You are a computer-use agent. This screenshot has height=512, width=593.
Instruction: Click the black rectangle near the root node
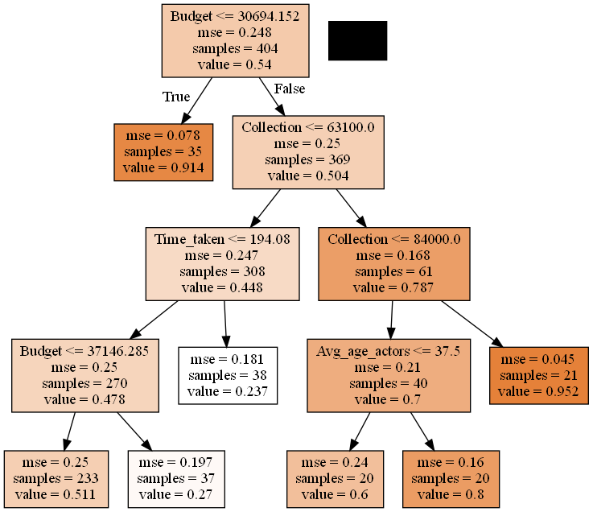[357, 40]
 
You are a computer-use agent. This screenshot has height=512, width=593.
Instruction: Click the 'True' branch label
[176, 97]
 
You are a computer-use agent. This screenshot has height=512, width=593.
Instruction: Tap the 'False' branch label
[290, 89]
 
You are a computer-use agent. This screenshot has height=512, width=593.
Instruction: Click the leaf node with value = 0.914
[164, 152]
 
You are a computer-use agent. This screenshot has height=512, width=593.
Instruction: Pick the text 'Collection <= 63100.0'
[307, 127]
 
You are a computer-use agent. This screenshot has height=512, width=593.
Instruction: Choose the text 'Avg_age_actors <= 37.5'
[388, 351]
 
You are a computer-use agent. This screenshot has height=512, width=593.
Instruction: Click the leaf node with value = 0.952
[539, 376]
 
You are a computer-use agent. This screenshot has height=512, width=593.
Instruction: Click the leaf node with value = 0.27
[175, 479]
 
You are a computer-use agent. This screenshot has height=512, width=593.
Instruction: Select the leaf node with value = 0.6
[335, 479]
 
